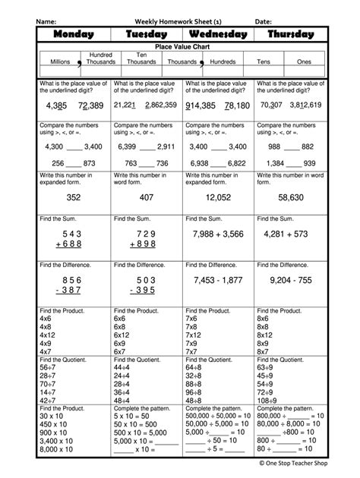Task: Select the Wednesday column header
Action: click(219, 34)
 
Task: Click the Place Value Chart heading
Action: click(183, 47)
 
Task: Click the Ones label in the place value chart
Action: click(303, 61)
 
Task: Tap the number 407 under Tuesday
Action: click(147, 197)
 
